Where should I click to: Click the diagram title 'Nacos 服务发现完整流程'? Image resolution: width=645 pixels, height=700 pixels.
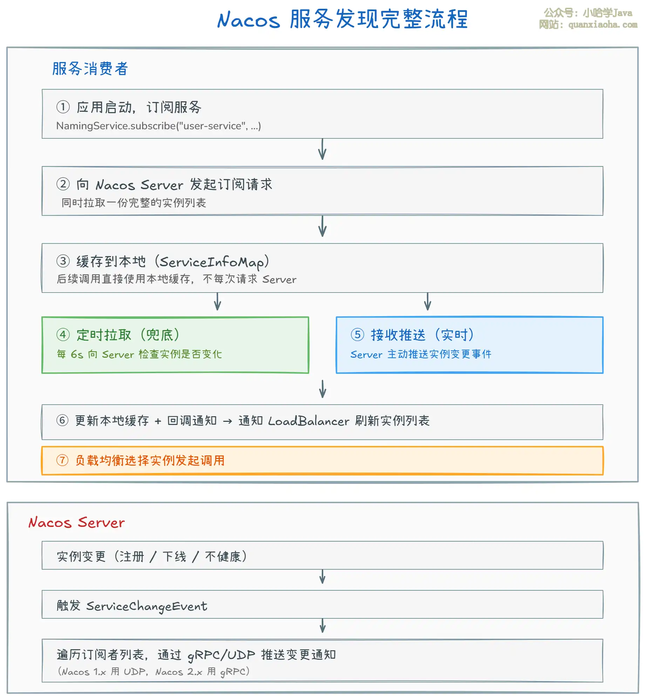click(342, 19)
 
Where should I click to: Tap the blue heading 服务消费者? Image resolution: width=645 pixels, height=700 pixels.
click(90, 69)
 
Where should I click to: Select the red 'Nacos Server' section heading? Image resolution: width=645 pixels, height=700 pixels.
click(76, 523)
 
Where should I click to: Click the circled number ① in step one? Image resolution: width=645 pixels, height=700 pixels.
click(63, 107)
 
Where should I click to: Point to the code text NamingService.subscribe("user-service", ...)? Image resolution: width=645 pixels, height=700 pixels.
click(158, 126)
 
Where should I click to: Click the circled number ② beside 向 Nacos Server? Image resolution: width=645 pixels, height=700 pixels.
click(63, 184)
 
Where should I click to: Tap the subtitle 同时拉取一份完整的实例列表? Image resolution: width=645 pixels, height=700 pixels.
click(134, 203)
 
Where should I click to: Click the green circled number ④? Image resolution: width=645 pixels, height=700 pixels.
click(63, 335)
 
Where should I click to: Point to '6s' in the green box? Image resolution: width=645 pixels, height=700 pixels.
click(77, 355)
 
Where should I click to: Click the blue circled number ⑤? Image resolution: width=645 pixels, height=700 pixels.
click(357, 335)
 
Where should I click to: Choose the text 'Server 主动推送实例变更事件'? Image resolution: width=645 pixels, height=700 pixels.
click(421, 355)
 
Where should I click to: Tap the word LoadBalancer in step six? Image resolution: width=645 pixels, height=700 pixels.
click(308, 421)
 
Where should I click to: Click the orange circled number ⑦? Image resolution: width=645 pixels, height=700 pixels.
click(62, 460)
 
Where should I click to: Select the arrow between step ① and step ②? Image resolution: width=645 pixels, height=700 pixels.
click(322, 150)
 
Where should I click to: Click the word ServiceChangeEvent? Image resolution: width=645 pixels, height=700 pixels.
click(147, 606)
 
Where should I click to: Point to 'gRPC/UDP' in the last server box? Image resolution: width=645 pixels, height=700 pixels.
click(221, 655)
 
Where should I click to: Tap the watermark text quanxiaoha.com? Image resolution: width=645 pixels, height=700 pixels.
click(603, 25)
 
